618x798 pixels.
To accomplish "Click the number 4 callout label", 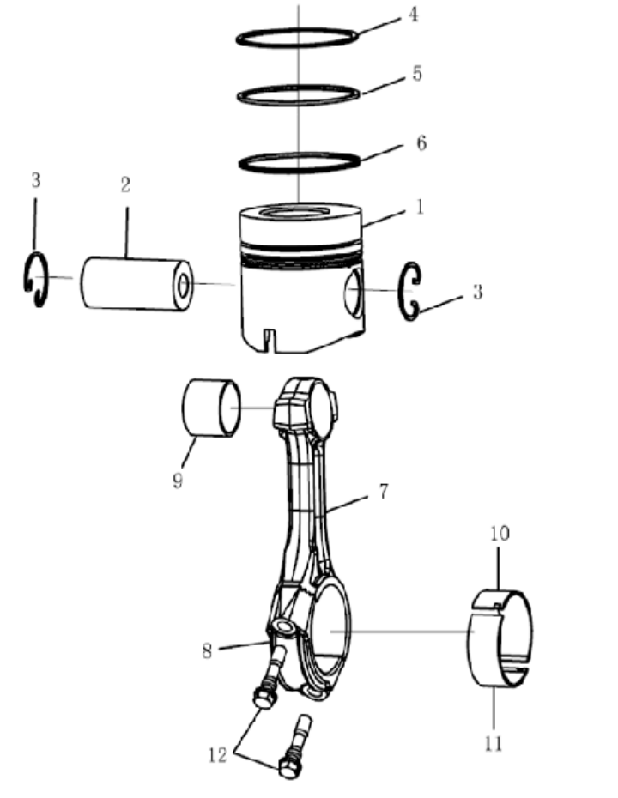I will click(x=413, y=15).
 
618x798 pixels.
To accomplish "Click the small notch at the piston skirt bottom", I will click(x=268, y=337).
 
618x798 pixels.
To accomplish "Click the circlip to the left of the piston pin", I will click(x=34, y=280).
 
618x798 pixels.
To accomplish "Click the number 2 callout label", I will click(x=125, y=184).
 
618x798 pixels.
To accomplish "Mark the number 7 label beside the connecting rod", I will click(x=383, y=491).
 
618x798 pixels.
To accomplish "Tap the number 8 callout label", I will click(x=207, y=650).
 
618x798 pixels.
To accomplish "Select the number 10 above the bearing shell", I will click(x=500, y=534).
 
